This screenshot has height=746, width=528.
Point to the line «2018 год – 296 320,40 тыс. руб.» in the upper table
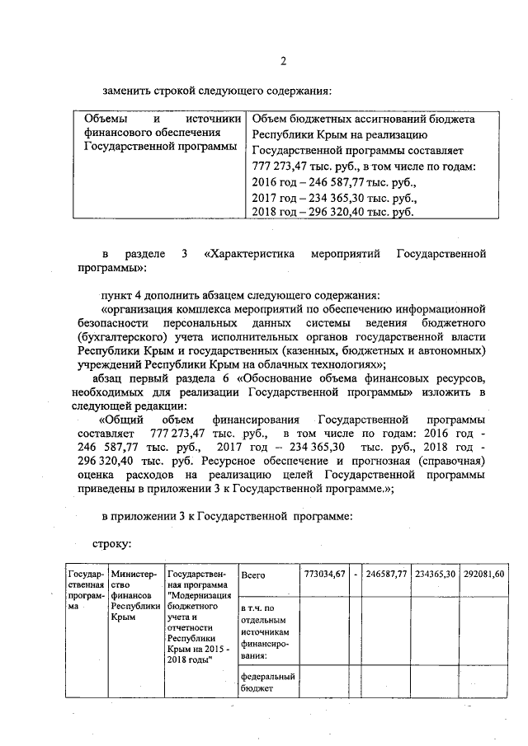pos(332,212)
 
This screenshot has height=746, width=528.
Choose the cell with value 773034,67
pos(323,574)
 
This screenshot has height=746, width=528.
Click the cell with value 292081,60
pos(483,574)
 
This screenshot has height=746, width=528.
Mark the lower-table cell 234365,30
pos(435,574)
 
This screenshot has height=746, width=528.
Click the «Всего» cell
pos(252,575)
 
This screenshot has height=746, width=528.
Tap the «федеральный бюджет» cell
pos(263,683)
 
